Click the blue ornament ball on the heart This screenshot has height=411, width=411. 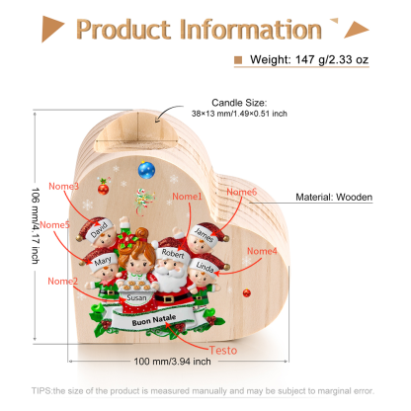[146, 170]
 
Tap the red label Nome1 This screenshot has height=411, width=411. [187, 197]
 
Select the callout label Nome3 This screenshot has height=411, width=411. [63, 186]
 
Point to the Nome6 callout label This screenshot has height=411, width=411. [241, 192]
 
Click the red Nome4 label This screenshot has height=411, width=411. [262, 251]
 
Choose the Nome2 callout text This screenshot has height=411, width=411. [63, 281]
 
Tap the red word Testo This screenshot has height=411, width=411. [223, 350]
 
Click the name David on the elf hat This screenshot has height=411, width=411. [99, 229]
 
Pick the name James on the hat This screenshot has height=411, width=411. [204, 234]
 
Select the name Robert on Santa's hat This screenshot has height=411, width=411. [173, 254]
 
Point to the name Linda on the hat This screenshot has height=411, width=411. [205, 267]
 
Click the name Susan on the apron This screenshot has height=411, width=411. [136, 297]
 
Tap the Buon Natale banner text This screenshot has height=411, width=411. [154, 320]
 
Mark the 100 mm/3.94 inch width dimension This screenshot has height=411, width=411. [172, 362]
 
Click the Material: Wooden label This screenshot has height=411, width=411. [334, 197]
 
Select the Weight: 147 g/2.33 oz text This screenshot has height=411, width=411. [309, 59]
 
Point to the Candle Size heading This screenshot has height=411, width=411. [239, 103]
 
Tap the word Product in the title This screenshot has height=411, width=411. [123, 30]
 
